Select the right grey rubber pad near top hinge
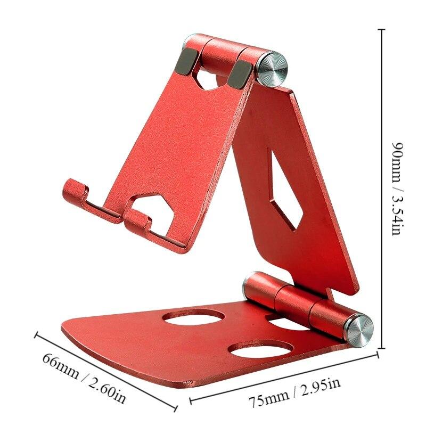(241, 73)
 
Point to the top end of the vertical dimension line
(381, 30)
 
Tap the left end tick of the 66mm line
(36, 334)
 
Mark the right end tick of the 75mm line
(378, 353)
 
